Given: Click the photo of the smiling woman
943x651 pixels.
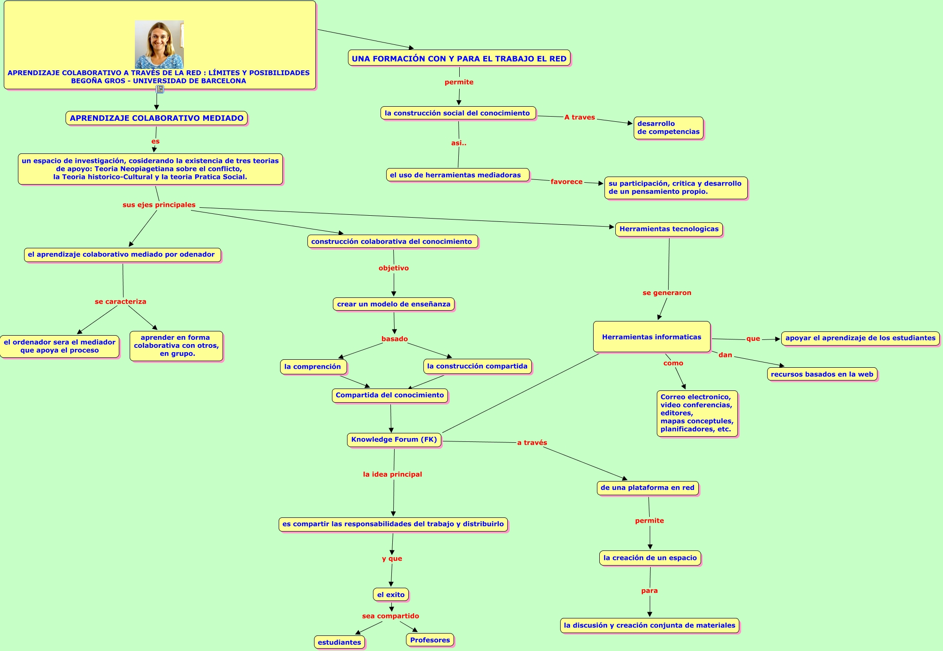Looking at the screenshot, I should (159, 44).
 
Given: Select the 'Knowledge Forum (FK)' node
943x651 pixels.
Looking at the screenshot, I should (394, 440).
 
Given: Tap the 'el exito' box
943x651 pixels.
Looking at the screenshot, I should (391, 595).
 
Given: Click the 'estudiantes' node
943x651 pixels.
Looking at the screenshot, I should (339, 642).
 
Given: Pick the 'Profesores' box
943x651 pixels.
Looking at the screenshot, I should (430, 640).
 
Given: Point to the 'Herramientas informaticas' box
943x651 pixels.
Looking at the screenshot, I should (652, 337).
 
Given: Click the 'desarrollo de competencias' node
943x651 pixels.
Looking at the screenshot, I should (668, 128).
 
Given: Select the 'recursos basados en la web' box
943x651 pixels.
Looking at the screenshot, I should (822, 374).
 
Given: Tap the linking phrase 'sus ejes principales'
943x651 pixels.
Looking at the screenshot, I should (159, 205).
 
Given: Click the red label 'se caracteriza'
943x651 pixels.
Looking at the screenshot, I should (120, 302).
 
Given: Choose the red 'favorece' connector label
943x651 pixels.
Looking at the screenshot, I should (566, 182).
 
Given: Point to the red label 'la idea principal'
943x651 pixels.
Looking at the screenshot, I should (392, 474).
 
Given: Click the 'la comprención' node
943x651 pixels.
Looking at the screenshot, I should (313, 367).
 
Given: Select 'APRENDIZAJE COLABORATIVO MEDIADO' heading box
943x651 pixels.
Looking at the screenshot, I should (157, 118).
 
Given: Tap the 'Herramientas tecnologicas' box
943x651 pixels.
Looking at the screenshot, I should (669, 229).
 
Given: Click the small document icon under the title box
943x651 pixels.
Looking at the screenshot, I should (160, 89).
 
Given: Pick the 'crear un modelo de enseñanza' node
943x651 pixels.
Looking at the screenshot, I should (394, 304).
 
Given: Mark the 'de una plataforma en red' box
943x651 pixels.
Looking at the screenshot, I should (647, 488).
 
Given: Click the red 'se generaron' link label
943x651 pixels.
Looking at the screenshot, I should (667, 293).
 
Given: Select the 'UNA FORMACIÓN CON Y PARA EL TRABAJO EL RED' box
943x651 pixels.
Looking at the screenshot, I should (459, 59).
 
